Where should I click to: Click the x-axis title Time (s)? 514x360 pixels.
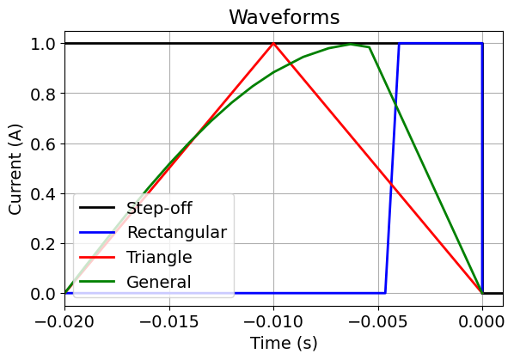coord(284,343)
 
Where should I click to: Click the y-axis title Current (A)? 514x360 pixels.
coord(15,168)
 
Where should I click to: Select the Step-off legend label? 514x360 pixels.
coord(159,207)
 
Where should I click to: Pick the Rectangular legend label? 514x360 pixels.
coord(176,232)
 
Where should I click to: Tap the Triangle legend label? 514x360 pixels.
coord(159,257)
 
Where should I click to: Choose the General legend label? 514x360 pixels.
coord(158,282)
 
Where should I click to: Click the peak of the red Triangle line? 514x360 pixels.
coord(273,43)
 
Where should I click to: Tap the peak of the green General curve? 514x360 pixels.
coord(351,44)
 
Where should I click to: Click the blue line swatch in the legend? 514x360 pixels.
coord(99,232)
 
